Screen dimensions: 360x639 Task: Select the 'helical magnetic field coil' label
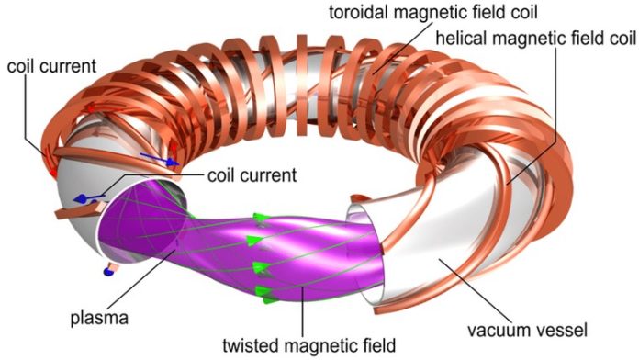pyautogui.click(x=534, y=39)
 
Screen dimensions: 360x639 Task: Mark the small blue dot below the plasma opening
pyautogui.click(x=109, y=271)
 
